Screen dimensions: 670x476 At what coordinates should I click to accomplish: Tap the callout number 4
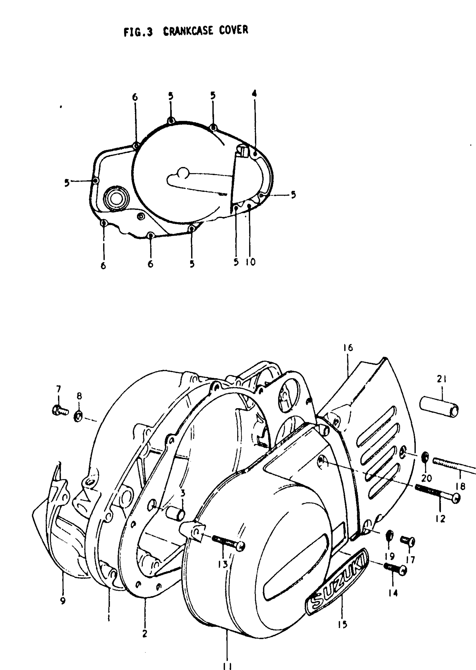point(254,94)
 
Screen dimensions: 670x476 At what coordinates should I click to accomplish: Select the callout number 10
point(251,262)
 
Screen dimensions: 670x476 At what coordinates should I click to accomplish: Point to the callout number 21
point(441,380)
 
